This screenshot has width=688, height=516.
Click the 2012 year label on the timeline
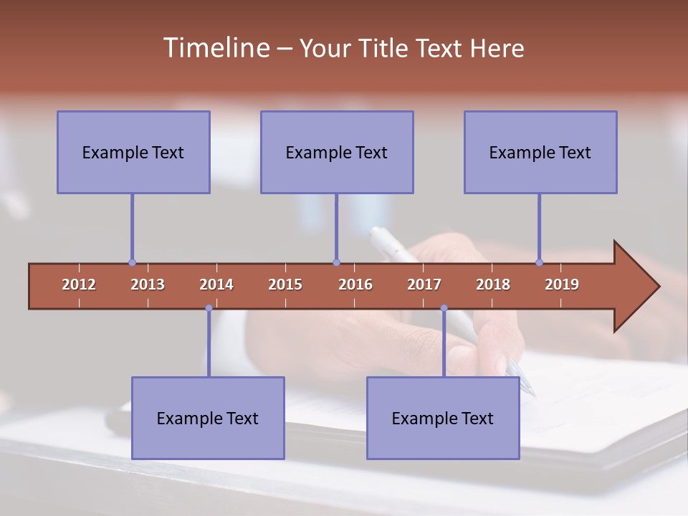click(79, 285)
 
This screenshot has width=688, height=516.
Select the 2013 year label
click(148, 285)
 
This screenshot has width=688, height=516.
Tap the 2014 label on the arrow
click(216, 285)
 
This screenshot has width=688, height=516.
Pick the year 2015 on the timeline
click(285, 285)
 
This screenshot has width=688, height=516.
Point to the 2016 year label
click(355, 285)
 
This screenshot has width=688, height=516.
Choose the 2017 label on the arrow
click(424, 285)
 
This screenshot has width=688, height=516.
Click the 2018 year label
click(493, 285)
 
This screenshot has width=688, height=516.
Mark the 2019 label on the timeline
click(562, 285)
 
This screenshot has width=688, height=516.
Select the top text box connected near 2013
click(133, 152)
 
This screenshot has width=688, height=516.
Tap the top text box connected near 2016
click(337, 152)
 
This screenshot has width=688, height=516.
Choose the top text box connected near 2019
click(540, 152)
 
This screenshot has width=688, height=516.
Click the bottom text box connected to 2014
click(208, 418)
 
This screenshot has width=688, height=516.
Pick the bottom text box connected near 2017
click(443, 418)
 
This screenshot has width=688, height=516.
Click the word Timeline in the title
click(215, 48)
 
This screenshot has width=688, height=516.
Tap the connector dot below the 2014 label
click(209, 308)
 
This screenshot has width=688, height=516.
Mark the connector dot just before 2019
click(540, 262)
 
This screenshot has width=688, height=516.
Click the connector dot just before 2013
click(132, 262)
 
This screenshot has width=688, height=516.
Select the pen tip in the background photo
click(532, 393)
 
